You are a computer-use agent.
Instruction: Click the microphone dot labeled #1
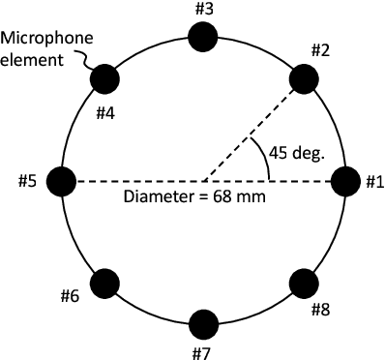tap(345, 180)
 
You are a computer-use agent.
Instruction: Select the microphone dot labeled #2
tap(304, 79)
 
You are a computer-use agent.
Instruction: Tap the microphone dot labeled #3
tap(203, 38)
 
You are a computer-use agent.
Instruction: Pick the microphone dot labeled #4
tap(103, 79)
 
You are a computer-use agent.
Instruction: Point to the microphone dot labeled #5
tap(61, 180)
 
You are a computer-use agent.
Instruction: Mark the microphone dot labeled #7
tap(203, 323)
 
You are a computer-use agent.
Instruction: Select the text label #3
tap(203, 10)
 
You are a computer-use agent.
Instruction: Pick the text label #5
tap(29, 180)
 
